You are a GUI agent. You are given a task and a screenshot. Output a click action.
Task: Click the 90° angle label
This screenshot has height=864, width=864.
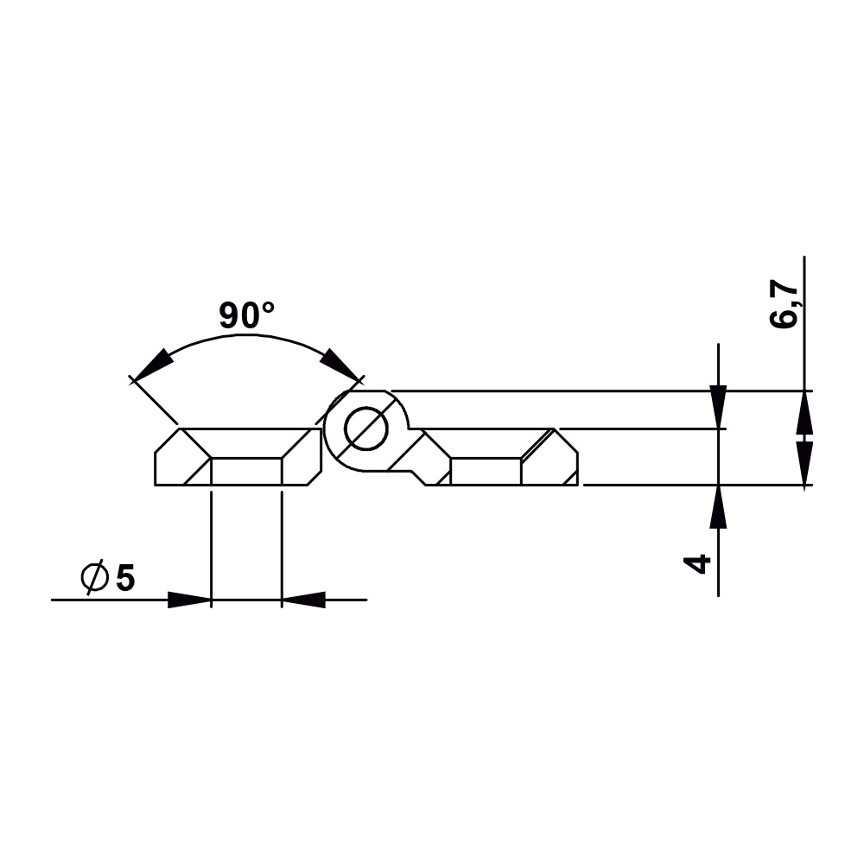pos(246,316)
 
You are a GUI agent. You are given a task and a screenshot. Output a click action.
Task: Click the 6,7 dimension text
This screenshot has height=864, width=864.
pos(785,304)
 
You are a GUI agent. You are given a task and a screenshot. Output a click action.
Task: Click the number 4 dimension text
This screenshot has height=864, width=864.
pos(697,563)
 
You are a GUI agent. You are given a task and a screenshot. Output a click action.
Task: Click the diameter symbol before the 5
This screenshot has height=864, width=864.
pos(94,578)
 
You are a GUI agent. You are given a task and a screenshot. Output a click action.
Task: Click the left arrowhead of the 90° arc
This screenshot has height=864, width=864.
pos(152,365)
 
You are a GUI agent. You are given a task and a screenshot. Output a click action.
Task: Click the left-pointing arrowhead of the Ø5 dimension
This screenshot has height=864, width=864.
pos(303,599)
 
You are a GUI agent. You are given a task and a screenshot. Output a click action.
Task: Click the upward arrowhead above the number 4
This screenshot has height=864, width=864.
pos(718,506)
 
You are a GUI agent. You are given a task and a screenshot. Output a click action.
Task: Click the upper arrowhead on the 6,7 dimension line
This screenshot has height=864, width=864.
pos(804,411)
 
